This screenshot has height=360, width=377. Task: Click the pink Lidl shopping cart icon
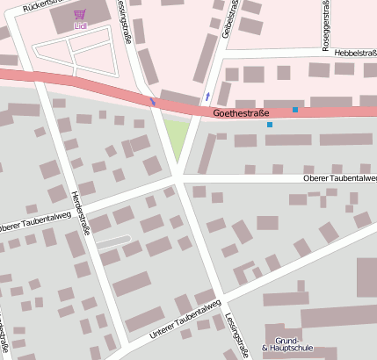click(x=80, y=15)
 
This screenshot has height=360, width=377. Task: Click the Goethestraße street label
click(x=240, y=113)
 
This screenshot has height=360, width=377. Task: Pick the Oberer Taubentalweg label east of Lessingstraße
click(x=339, y=178)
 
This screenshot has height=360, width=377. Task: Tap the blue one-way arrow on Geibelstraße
click(x=207, y=95)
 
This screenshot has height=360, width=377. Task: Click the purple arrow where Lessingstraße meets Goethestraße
click(x=153, y=102)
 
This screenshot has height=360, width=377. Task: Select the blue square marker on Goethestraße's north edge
click(x=295, y=110)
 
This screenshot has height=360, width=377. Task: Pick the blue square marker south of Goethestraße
click(x=269, y=125)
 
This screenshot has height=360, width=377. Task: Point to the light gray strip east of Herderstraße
click(x=113, y=241)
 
